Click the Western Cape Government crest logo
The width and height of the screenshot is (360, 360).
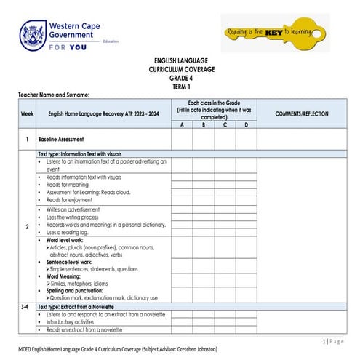pos(33,34)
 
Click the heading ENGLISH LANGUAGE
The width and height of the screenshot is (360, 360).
pos(179,62)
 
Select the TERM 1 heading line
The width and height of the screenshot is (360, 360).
pos(179,86)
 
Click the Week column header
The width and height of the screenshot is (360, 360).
pos(27,113)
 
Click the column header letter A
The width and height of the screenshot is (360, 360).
pos(182,125)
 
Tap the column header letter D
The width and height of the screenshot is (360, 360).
pos(246,125)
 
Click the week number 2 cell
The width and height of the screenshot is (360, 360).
pos(27,227)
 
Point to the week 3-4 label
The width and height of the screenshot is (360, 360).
pos(27,308)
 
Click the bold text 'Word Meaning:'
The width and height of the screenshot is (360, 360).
pos(64,276)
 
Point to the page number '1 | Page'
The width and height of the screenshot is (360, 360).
pos(333,341)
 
